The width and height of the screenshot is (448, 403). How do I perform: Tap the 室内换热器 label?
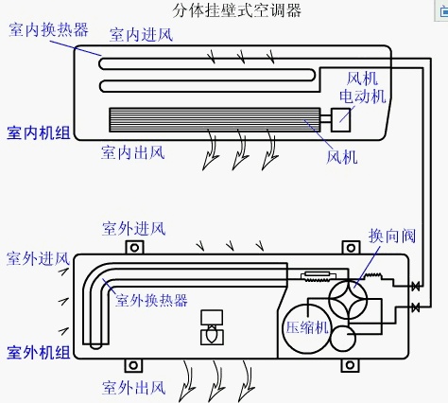[x=49, y=29]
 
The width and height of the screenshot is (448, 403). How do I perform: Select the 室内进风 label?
[x=140, y=35]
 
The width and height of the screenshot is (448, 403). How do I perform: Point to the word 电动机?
[x=363, y=96]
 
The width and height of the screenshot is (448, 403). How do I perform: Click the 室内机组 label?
[x=38, y=131]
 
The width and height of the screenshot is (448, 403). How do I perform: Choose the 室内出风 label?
[x=132, y=151]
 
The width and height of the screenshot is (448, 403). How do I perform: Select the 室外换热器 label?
[x=151, y=300]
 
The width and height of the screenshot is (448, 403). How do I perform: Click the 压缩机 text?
[x=306, y=327]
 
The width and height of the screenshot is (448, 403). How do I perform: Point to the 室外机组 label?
[x=38, y=353]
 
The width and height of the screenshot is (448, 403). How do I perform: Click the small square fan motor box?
[x=339, y=119]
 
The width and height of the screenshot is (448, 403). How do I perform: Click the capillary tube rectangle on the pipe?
[x=311, y=275]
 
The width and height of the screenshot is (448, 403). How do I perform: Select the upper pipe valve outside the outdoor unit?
[x=416, y=286]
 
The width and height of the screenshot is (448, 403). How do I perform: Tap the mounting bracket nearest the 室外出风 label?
[x=133, y=365]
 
